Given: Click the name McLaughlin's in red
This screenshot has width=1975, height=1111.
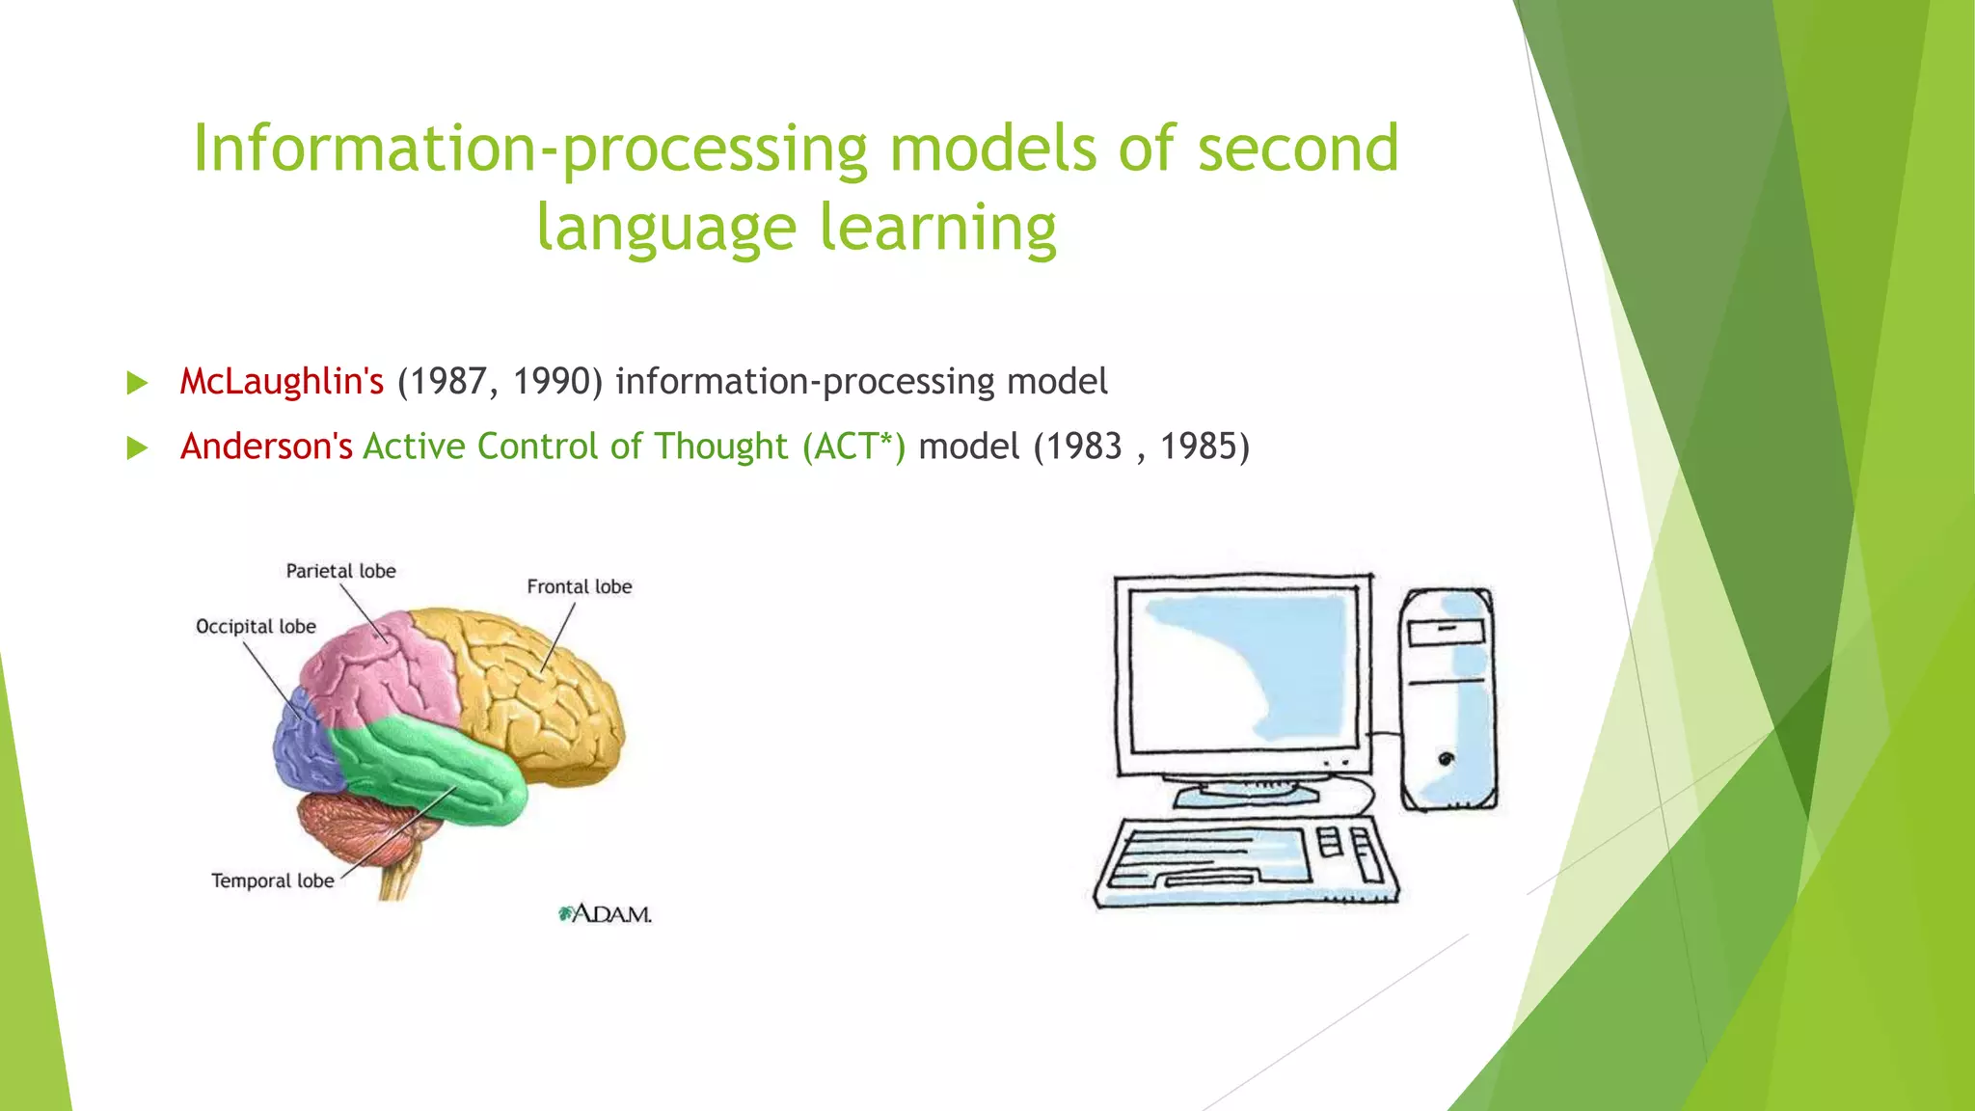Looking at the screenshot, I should tap(282, 382).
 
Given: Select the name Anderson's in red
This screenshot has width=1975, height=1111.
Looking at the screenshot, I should tap(266, 447).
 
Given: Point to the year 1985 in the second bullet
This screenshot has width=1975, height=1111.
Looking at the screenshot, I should tap(1197, 447).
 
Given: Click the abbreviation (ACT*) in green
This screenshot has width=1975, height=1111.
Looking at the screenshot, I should tap(853, 447).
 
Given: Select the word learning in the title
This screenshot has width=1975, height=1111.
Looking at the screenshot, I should tap(937, 228).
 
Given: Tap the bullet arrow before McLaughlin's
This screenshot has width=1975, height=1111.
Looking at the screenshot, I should tap(137, 383).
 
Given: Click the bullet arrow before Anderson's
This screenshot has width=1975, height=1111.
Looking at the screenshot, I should tap(137, 447).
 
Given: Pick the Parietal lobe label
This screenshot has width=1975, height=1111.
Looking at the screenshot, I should tap(340, 571).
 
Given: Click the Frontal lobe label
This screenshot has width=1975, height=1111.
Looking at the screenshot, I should tap(579, 586).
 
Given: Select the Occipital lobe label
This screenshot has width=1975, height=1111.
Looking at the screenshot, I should tap(256, 627).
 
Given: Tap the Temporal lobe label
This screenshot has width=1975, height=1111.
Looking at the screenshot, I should tap(272, 881).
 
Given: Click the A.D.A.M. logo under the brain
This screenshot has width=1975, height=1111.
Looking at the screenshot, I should tap(606, 913).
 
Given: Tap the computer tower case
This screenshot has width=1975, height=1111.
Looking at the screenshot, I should tap(1447, 699).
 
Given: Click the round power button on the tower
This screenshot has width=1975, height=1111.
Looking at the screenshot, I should tap(1446, 759).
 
